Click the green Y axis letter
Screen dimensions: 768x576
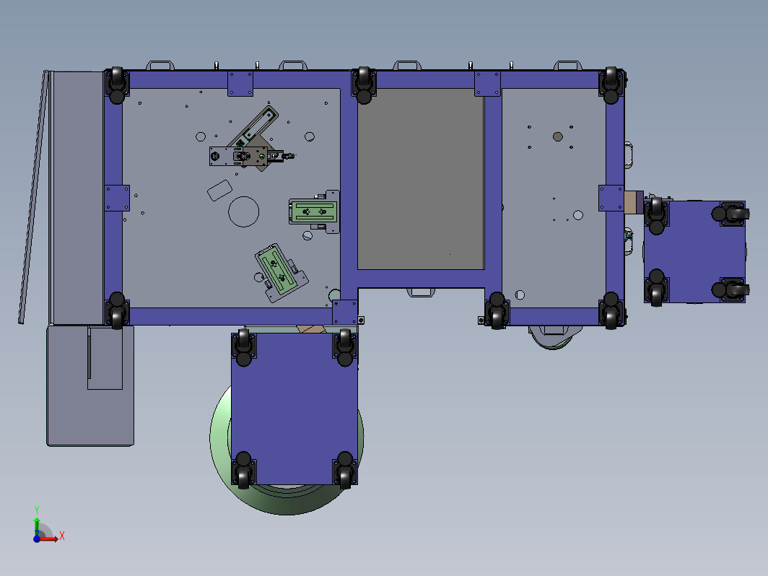coord(37,510)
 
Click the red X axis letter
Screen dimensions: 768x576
coord(62,536)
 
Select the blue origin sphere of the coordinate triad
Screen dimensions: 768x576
coord(37,538)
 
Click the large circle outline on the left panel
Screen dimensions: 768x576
coord(243,211)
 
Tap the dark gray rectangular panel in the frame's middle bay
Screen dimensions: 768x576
coord(421,179)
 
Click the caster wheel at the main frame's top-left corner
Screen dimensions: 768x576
coord(117,85)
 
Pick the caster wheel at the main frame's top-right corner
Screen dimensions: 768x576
coord(611,85)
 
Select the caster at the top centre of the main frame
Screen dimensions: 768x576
coord(364,85)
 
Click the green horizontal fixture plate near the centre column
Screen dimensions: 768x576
coord(314,211)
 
